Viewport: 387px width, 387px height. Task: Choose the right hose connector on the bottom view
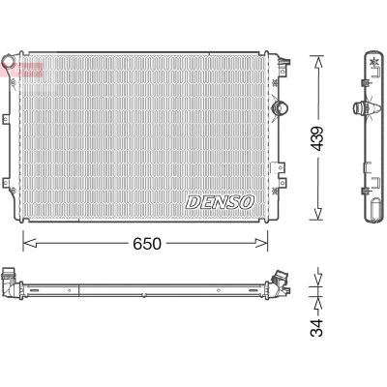(283, 283)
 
